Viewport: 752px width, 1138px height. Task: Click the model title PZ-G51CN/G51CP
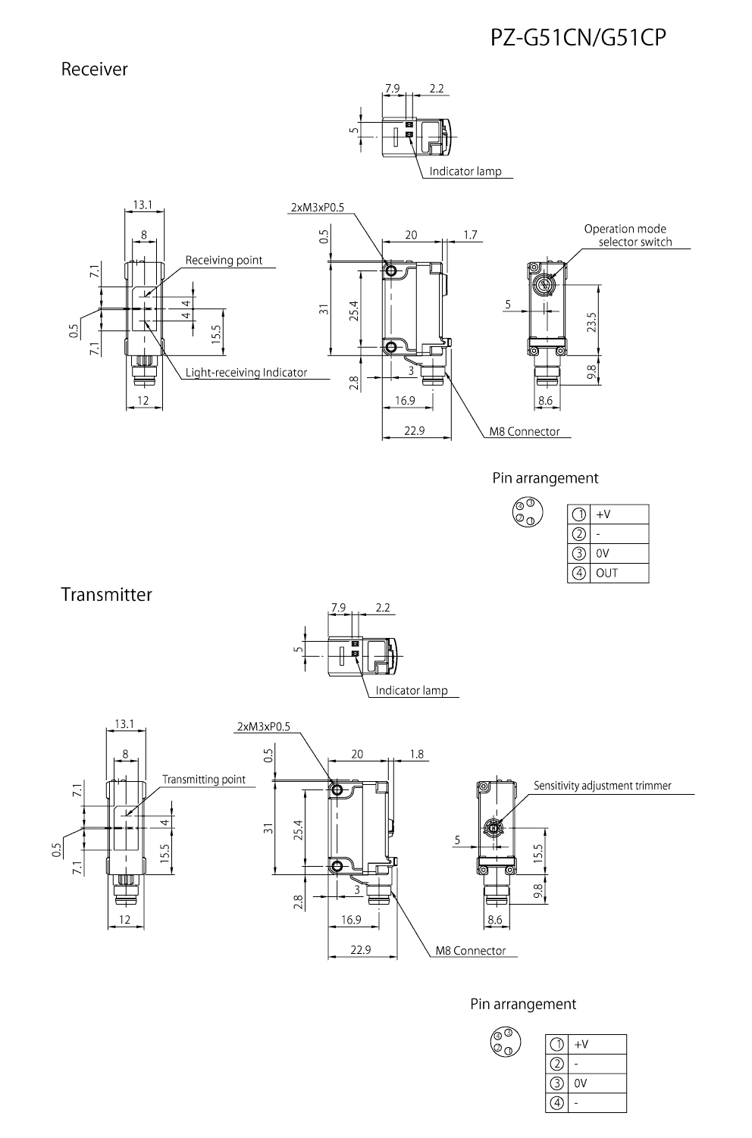578,37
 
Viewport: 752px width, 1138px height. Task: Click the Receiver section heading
94,69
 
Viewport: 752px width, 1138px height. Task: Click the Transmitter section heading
106,595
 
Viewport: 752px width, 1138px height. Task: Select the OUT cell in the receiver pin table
607,573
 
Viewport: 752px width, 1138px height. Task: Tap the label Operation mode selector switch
626,235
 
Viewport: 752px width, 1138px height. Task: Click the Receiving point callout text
224,260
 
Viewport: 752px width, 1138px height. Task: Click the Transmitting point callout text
203,780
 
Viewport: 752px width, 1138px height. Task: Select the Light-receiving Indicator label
246,372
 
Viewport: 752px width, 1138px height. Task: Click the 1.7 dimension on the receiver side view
470,235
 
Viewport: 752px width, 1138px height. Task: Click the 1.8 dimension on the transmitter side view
416,754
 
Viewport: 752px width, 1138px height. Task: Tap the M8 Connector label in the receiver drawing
524,431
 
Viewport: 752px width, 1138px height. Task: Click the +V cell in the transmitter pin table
581,1044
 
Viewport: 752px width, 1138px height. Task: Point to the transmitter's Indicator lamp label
412,690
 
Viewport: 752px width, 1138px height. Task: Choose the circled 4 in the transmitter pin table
556,1103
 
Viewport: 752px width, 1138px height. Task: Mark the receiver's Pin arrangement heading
545,478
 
